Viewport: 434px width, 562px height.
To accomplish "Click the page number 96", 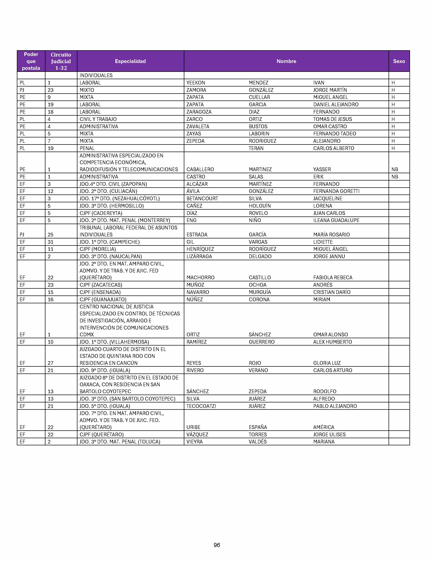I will click(x=217, y=545).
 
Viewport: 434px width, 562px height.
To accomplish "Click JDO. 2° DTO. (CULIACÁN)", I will click(x=108, y=191).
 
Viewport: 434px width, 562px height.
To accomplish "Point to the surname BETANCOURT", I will click(x=202, y=199).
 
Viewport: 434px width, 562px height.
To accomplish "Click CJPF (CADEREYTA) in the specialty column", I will click(x=101, y=213).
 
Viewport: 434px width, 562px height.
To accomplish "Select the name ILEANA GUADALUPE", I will click(x=336, y=220).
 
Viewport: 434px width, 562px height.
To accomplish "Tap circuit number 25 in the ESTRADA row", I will click(x=50, y=235).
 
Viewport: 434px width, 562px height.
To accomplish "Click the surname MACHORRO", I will click(x=200, y=278).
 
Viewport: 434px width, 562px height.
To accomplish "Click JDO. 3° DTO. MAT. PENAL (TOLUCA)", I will click(x=120, y=442).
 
